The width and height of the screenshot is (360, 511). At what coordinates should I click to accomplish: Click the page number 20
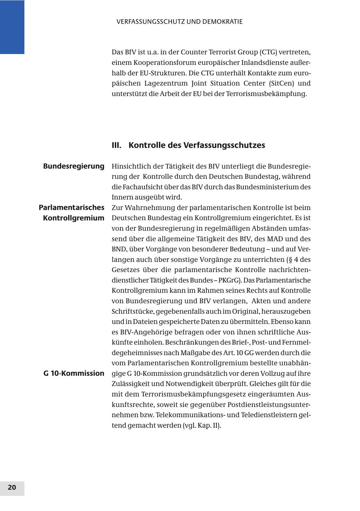[12, 487]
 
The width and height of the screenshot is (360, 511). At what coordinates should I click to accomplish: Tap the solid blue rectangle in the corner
[12, 27]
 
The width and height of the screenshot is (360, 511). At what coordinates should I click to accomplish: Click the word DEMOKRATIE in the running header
[223, 22]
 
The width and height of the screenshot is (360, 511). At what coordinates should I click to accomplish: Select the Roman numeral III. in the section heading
[116, 145]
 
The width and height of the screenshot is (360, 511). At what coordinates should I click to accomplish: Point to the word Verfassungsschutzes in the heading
[224, 145]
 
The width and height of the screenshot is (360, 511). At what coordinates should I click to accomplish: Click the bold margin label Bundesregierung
[74, 166]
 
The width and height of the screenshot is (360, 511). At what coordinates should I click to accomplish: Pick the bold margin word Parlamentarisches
[72, 208]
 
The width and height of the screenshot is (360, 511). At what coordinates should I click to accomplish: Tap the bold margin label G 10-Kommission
[74, 373]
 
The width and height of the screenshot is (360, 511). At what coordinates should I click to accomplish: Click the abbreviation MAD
[275, 239]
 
